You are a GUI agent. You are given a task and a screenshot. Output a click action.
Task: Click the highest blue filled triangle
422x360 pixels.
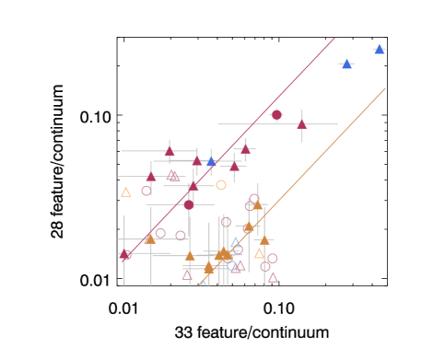point(379,49)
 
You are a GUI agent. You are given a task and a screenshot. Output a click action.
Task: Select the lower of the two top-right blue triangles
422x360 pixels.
point(346,64)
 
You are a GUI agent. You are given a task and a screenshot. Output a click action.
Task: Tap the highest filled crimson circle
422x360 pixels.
point(276,114)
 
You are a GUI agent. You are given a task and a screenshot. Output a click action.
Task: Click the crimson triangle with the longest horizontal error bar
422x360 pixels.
point(301,123)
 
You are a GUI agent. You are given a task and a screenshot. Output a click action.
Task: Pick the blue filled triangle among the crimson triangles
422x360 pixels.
point(211,161)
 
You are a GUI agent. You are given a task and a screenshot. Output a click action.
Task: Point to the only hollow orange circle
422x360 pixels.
point(221,185)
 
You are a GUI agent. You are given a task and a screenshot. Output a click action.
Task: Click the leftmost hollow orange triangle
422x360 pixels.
point(126,192)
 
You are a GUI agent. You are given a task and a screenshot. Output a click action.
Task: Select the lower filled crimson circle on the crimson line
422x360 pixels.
point(189,204)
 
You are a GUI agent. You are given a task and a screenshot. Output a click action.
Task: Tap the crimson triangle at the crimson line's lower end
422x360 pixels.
point(125,254)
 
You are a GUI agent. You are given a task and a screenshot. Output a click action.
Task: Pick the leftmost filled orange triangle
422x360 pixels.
point(150,238)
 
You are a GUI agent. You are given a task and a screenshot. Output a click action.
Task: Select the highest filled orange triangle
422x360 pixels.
point(257,204)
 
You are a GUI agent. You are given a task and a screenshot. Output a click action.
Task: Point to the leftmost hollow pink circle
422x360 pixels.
point(147,191)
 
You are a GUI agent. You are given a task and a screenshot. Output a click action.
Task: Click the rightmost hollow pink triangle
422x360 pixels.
point(273,276)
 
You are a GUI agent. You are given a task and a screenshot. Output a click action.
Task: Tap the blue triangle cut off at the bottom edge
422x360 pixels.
point(203,283)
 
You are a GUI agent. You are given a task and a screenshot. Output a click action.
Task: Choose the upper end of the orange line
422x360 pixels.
point(385,88)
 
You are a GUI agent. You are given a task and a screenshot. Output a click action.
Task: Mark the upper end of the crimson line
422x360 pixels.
point(334,39)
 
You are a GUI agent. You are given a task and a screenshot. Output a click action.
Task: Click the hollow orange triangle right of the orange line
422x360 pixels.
point(259,253)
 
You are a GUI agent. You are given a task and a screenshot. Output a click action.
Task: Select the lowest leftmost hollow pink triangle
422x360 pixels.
point(187,274)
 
